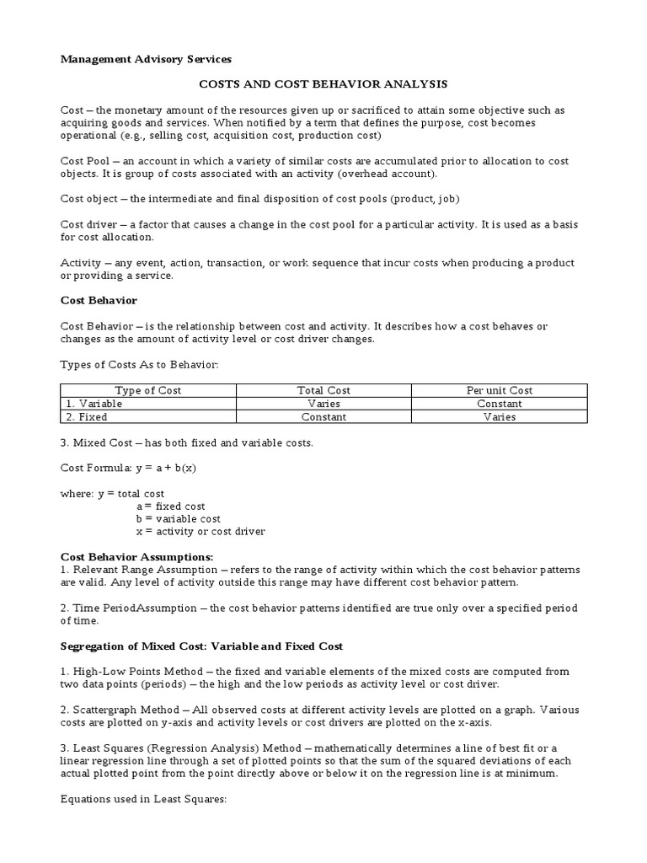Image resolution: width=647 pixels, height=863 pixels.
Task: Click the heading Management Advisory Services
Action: click(146, 59)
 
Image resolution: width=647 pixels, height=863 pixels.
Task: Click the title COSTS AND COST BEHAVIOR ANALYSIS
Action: click(323, 84)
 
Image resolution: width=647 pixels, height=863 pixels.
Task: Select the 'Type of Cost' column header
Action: click(148, 390)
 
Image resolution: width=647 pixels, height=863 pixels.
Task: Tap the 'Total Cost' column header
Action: click(323, 390)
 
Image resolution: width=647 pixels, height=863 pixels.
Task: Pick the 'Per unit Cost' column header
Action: click(500, 390)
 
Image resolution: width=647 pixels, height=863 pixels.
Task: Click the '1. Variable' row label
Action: click(94, 404)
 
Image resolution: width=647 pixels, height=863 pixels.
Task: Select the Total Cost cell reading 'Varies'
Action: click(323, 404)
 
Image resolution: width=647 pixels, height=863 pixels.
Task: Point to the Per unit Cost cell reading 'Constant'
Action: click(500, 404)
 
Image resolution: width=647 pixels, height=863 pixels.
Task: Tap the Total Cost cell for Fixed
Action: click(323, 416)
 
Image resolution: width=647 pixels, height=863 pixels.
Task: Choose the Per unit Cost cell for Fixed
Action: click(500, 416)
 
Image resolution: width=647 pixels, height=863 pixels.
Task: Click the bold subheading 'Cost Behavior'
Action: click(99, 300)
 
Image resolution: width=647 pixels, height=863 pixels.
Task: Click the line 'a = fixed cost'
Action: click(170, 507)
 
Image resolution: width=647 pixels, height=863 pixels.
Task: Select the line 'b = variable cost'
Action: click(178, 519)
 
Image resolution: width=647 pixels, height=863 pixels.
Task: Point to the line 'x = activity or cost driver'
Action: click(201, 532)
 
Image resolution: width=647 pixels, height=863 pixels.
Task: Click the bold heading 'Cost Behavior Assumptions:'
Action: click(136, 557)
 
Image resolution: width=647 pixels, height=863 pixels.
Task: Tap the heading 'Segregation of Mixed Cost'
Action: click(201, 646)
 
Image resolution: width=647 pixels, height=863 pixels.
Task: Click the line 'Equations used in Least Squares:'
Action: click(144, 799)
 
